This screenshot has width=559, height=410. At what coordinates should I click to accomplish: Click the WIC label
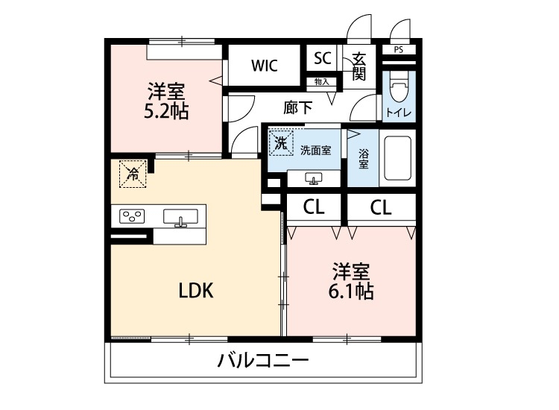click(x=264, y=66)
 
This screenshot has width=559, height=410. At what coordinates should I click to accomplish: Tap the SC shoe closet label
click(x=322, y=58)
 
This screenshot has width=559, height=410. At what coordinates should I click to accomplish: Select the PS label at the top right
click(x=398, y=50)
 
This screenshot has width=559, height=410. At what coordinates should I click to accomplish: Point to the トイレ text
click(x=398, y=113)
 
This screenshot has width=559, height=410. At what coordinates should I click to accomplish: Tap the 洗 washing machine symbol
click(x=282, y=142)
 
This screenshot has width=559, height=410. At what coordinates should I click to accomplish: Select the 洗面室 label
click(x=315, y=149)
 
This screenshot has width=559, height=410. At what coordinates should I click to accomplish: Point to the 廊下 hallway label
click(x=298, y=107)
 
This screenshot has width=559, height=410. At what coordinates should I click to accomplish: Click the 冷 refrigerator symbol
click(x=133, y=174)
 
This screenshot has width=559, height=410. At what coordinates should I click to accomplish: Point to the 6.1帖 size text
click(x=351, y=291)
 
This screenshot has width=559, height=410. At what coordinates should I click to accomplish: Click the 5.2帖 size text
click(x=165, y=112)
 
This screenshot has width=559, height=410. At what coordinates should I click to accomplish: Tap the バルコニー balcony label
click(x=263, y=362)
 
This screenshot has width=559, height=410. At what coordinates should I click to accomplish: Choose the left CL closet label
click(x=315, y=208)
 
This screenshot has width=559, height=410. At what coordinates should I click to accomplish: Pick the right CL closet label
click(x=380, y=208)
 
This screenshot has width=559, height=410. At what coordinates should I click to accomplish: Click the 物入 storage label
click(x=322, y=81)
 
